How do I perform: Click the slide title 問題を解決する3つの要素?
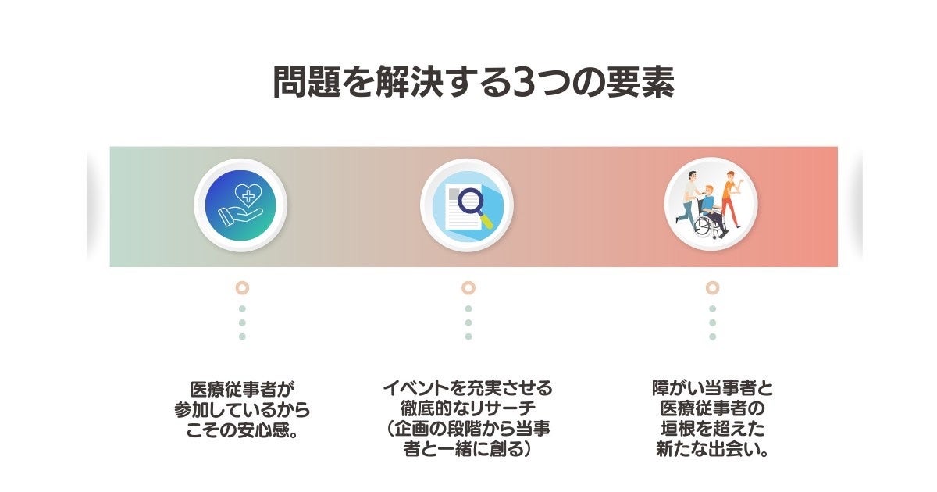click(x=472, y=83)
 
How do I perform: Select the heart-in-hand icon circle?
click(x=241, y=205)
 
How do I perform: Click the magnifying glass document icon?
click(x=467, y=205)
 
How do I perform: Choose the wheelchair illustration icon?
click(x=711, y=205)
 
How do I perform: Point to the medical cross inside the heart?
click(x=248, y=195)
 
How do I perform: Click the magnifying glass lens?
click(x=470, y=202)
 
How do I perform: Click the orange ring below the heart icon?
click(x=242, y=287)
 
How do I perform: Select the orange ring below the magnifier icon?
click(x=468, y=287)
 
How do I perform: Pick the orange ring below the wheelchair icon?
click(x=712, y=287)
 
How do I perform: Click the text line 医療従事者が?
click(x=242, y=389)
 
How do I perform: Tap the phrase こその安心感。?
click(x=242, y=430)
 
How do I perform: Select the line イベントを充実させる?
click(x=468, y=388)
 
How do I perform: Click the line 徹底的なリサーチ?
click(x=468, y=409)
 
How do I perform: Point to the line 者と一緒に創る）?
click(x=468, y=451)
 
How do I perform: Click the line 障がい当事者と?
click(x=712, y=388)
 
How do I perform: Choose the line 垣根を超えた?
click(x=712, y=430)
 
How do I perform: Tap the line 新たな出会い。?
click(x=712, y=451)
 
